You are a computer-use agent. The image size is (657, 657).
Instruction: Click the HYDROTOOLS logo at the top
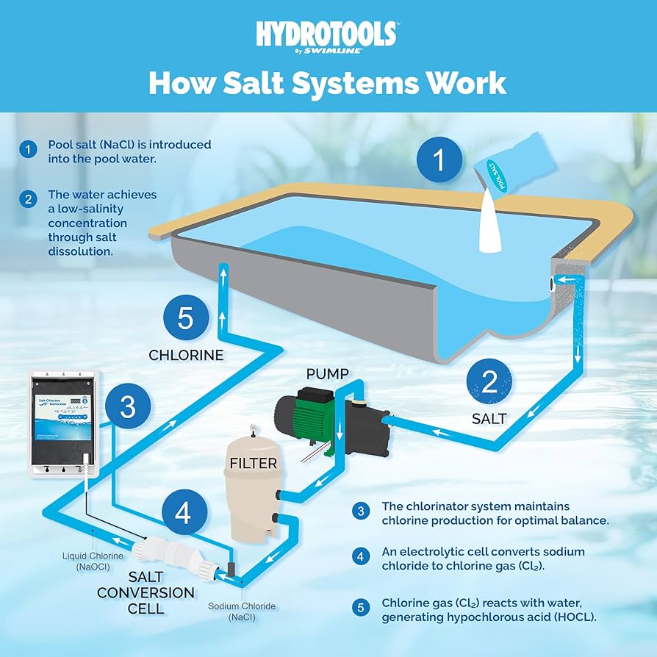[x=327, y=35]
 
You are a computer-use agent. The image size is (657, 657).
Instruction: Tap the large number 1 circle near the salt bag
[x=440, y=159]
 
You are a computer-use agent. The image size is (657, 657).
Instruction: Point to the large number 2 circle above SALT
[x=489, y=383]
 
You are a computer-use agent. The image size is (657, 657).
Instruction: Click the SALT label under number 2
[x=489, y=419]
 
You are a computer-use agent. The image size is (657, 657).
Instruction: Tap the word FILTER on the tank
[x=253, y=464]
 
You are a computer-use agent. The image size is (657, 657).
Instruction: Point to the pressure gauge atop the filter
[x=251, y=425]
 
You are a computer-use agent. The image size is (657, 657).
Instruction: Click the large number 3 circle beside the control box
[x=128, y=406]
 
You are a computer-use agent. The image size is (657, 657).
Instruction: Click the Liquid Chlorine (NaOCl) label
[x=93, y=561]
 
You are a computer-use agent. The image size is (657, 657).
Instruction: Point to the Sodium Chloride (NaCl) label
[x=241, y=611]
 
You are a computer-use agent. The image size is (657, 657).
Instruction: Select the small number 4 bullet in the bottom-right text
[x=360, y=556]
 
